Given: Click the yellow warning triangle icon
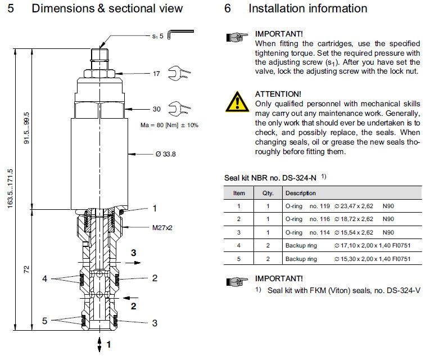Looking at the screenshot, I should point(237,101).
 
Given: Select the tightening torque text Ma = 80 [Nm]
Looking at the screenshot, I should point(169,124).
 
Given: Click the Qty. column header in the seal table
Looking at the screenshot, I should point(268,192).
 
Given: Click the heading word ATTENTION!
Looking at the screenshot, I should point(278,93).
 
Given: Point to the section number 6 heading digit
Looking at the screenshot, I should point(228,8).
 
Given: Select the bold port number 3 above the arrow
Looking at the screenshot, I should point(133,253).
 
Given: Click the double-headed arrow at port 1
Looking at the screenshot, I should point(100,343).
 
